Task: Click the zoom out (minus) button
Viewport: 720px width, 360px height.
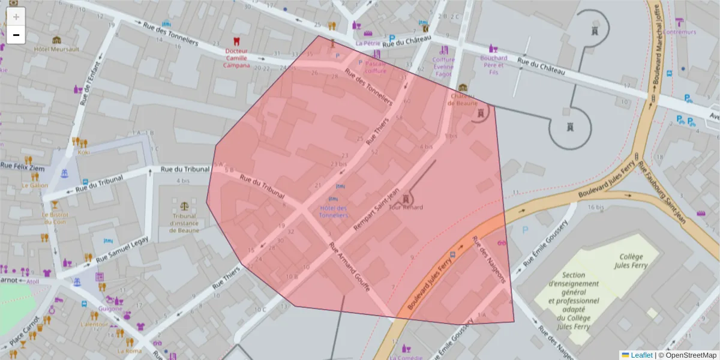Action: (x=16, y=35)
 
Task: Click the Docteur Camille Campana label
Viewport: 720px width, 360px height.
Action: (x=237, y=58)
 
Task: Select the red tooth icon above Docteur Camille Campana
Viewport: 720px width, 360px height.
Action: (x=236, y=41)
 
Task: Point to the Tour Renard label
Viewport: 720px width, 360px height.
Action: (x=406, y=207)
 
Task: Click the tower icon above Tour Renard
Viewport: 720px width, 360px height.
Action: (x=407, y=197)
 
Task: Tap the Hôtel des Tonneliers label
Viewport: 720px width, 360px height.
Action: (x=334, y=211)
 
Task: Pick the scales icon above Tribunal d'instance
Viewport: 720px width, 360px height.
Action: (x=184, y=206)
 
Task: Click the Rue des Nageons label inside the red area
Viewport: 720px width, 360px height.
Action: (x=490, y=259)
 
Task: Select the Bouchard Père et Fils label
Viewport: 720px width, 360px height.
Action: (x=494, y=65)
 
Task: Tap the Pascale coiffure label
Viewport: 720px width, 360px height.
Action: (x=376, y=67)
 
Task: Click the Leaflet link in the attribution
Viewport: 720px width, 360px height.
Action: (x=641, y=355)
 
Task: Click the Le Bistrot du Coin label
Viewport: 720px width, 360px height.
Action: (x=55, y=218)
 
